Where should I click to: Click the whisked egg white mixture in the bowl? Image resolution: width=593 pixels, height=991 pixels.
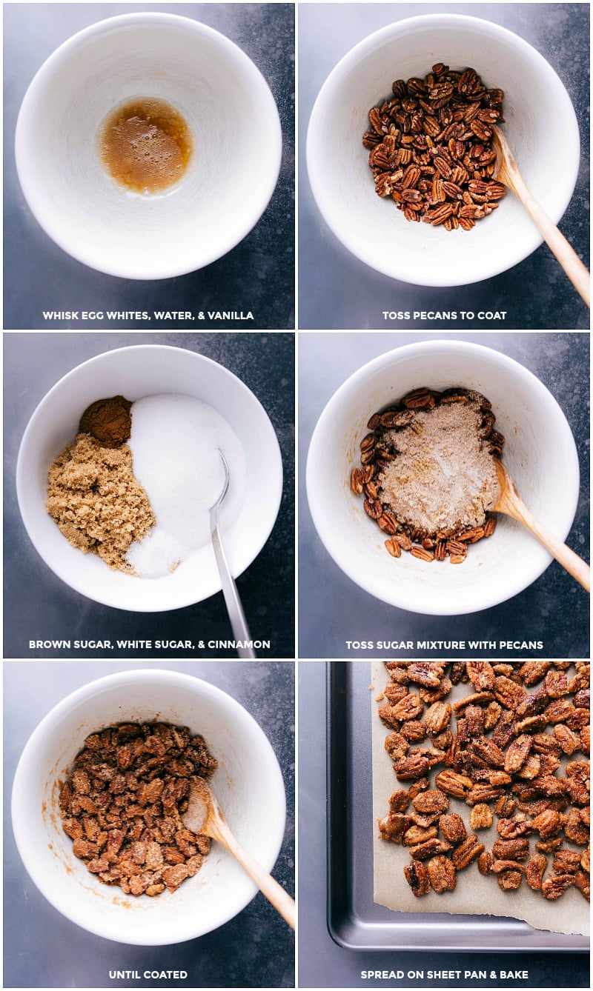(x=146, y=145)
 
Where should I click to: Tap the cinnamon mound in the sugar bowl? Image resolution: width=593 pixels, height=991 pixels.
(x=106, y=421)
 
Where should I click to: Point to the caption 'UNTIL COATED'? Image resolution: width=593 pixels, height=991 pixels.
(x=148, y=975)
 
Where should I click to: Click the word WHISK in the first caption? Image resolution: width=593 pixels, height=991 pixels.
(x=59, y=316)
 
